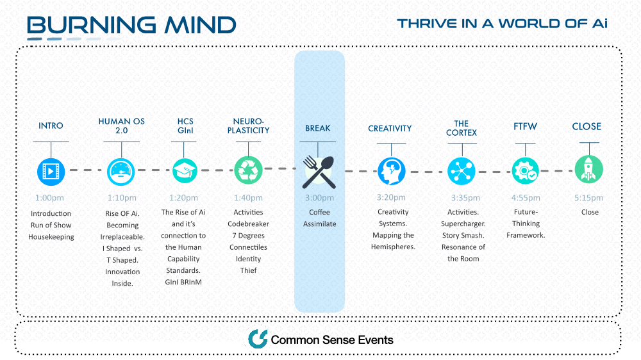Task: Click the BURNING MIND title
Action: tap(131, 25)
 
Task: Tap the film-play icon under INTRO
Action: tap(51, 171)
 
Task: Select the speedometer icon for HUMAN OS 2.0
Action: tap(121, 172)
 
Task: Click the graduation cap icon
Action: tap(185, 170)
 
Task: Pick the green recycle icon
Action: tap(248, 170)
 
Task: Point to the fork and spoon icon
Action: tap(319, 172)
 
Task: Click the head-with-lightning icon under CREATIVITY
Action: tap(391, 171)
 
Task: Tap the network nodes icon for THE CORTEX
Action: tap(461, 171)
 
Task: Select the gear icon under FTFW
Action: tap(526, 171)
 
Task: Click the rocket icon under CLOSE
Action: tap(588, 169)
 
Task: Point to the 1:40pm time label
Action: tap(248, 198)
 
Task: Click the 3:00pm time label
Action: tap(319, 198)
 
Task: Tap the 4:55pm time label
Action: tap(526, 198)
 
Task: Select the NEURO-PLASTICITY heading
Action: tap(248, 126)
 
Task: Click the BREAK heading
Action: tap(318, 128)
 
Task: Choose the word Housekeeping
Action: tap(51, 237)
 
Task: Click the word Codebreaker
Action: tap(248, 224)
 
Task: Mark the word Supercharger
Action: tap(463, 224)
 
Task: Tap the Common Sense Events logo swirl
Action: tap(258, 339)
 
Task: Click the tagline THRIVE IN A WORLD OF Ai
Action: tap(502, 24)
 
